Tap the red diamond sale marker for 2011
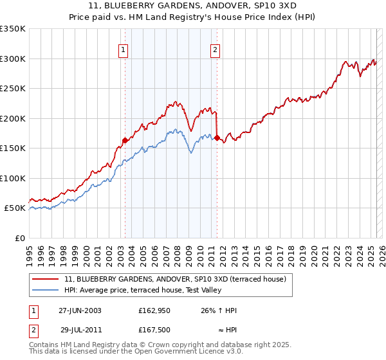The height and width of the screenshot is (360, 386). click(x=217, y=138)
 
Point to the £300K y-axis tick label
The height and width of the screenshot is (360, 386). click(x=13, y=59)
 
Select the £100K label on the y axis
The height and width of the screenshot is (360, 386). click(x=13, y=178)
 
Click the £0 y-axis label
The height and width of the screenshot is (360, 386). click(x=19, y=238)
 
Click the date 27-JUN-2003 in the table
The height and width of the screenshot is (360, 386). click(x=80, y=310)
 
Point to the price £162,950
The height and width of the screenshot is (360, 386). click(x=154, y=310)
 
